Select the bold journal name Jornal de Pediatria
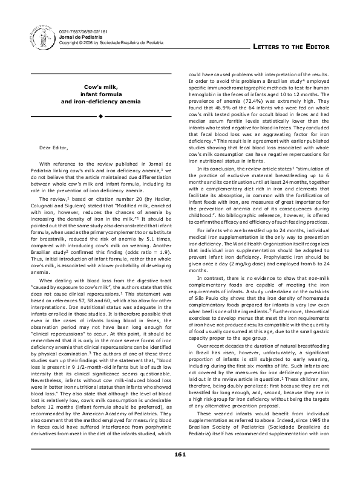click(78, 36)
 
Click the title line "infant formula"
click(100, 94)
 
